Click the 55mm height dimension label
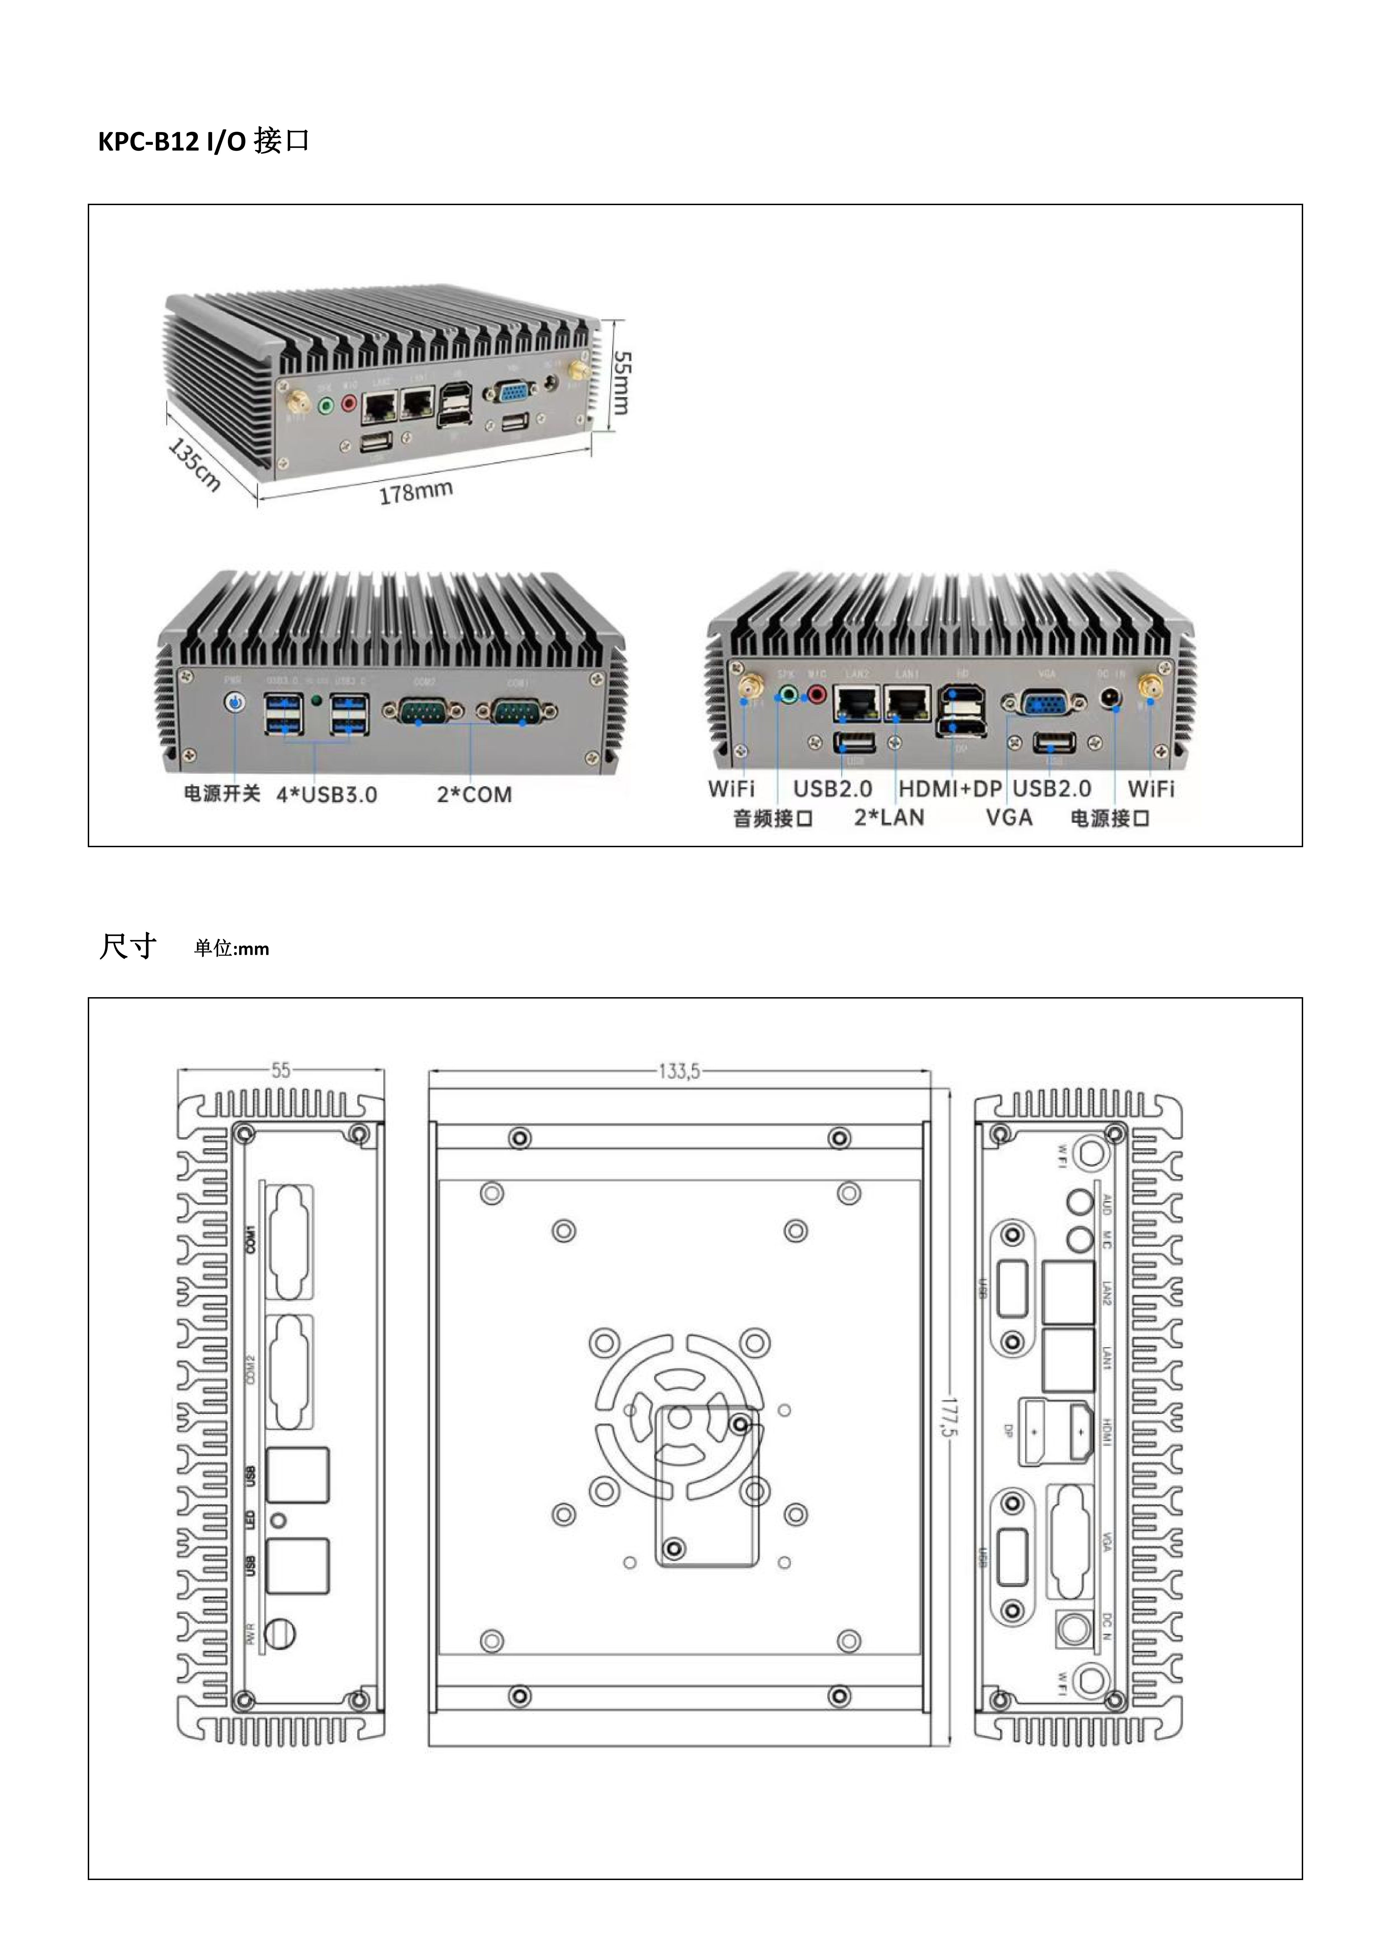click(x=622, y=383)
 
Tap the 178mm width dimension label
click(x=415, y=492)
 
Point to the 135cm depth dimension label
click(x=194, y=464)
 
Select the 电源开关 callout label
click(x=222, y=794)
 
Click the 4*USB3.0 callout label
click(x=326, y=795)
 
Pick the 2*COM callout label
click(x=474, y=795)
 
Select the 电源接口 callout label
click(x=1110, y=819)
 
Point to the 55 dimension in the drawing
click(x=280, y=1070)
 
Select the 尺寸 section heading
click(x=128, y=947)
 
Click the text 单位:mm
click(x=232, y=949)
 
